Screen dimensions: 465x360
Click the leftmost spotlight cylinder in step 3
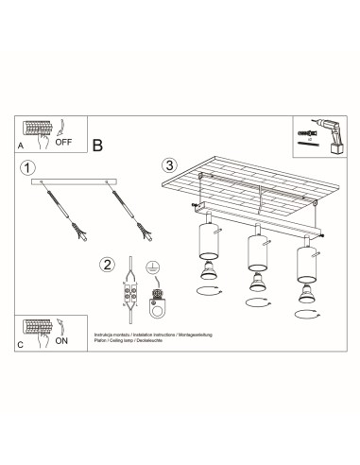[205, 243]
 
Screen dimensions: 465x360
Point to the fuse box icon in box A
[37, 131]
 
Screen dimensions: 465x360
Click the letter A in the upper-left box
[22, 148]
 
